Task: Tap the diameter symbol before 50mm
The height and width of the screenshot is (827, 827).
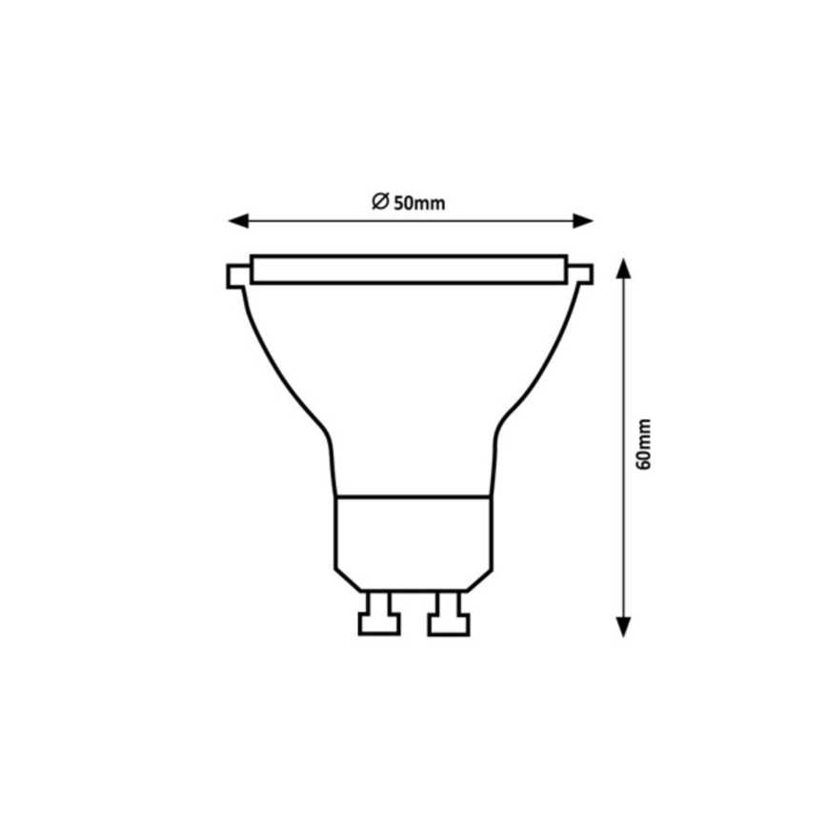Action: click(x=380, y=201)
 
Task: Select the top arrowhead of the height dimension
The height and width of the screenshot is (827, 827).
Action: click(x=623, y=267)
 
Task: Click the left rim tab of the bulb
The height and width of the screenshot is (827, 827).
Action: click(x=237, y=275)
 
